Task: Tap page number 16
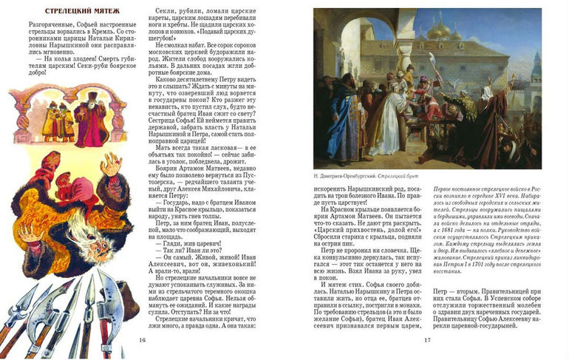click(x=143, y=339)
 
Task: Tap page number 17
click(x=427, y=339)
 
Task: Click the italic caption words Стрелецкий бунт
click(x=400, y=175)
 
